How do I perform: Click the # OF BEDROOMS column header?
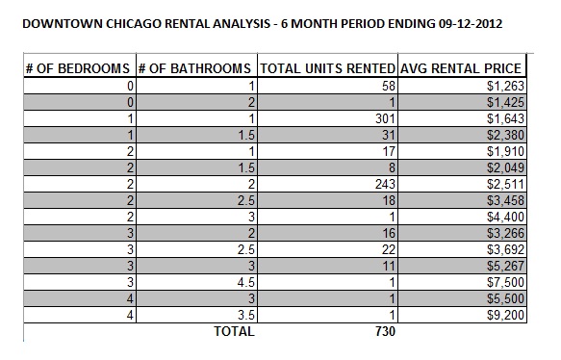coord(78,69)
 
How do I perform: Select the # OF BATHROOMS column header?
coord(195,69)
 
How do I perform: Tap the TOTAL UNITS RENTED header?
coord(327,69)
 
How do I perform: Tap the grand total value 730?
coord(381,332)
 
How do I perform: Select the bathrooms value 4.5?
coord(242,282)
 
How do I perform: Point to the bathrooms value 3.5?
coord(242,315)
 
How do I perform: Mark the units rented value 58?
coord(386,86)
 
